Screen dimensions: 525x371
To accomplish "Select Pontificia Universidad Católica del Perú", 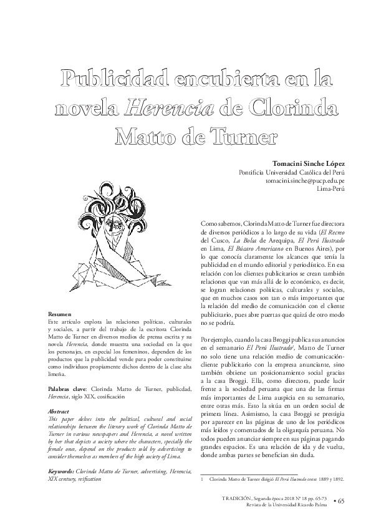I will pos(292,171).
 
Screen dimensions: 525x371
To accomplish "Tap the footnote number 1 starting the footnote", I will pos(203,480).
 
